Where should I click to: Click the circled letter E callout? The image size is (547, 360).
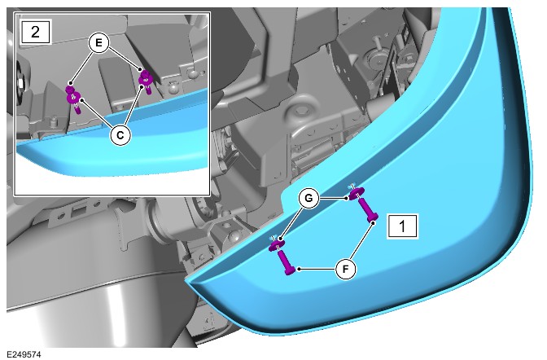coord(99,43)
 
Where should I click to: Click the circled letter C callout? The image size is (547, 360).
coord(120,134)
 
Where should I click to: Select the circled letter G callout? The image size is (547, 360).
coord(309,199)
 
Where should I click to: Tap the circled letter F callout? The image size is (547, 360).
coord(346,270)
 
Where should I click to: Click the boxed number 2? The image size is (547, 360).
coord(36,32)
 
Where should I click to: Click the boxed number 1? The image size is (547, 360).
coord(402,226)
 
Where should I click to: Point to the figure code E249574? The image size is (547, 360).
coord(24,354)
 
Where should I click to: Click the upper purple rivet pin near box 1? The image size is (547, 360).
coord(369,210)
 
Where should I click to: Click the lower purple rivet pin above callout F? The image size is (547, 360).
coord(287,262)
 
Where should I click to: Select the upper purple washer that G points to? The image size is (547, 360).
coord(357,193)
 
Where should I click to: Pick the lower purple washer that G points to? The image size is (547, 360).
coord(277,245)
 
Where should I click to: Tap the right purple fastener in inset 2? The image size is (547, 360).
coord(146,81)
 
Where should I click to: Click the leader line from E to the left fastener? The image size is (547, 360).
coord(81,65)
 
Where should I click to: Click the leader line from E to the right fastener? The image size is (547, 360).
coord(125,59)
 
